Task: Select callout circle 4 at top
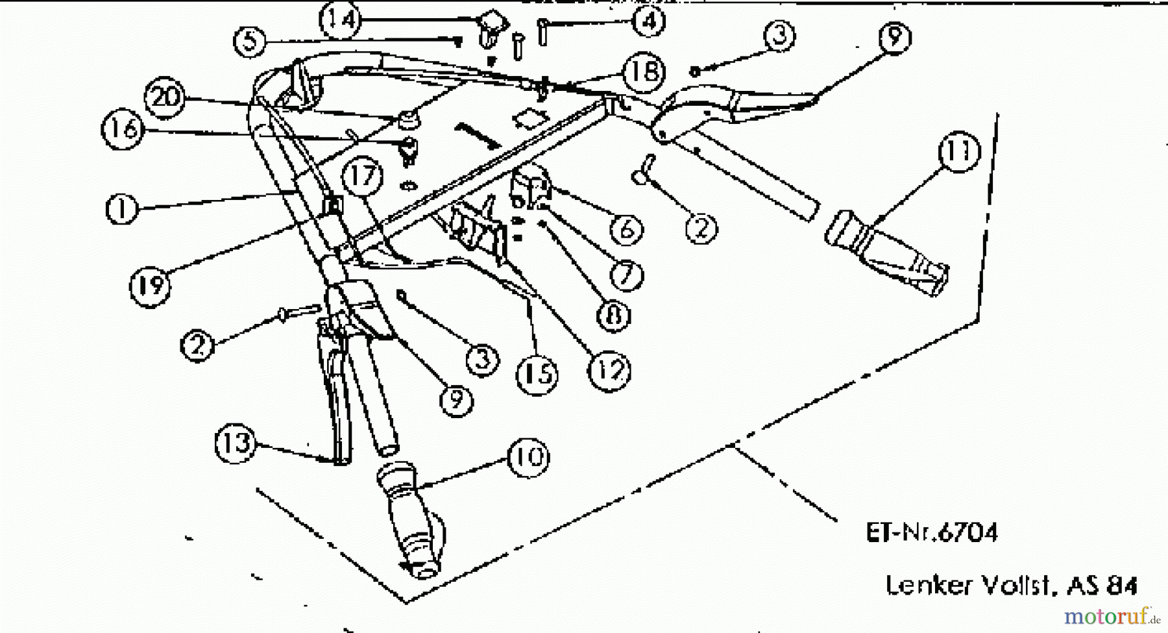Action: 648,21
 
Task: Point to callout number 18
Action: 643,72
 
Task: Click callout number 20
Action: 165,97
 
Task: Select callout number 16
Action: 123,129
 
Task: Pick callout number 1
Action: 123,209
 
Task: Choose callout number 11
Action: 958,152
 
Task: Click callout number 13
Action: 236,443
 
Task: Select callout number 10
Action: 528,457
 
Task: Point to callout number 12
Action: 608,370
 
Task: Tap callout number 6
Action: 626,229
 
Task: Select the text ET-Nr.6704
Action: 932,533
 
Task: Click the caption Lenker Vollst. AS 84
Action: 1011,586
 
